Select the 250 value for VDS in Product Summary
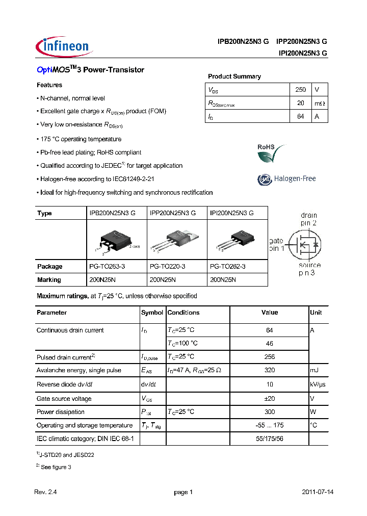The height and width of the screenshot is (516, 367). click(301, 90)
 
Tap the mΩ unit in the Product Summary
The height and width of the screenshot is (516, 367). click(319, 103)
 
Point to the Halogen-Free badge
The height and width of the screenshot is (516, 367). click(286, 179)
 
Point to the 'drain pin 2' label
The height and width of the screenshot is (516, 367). click(309, 219)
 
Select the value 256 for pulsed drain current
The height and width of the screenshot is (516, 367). click(270, 357)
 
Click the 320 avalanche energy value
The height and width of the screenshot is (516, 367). click(270, 370)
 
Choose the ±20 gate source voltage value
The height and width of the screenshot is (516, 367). click(270, 399)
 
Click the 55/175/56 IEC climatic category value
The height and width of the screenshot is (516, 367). click(270, 438)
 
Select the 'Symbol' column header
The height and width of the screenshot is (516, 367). click(152, 313)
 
